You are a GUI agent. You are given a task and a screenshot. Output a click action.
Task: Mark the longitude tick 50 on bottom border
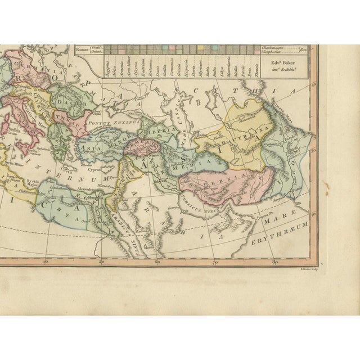[101, 262]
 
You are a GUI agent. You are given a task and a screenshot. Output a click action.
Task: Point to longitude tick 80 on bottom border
[273, 262]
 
